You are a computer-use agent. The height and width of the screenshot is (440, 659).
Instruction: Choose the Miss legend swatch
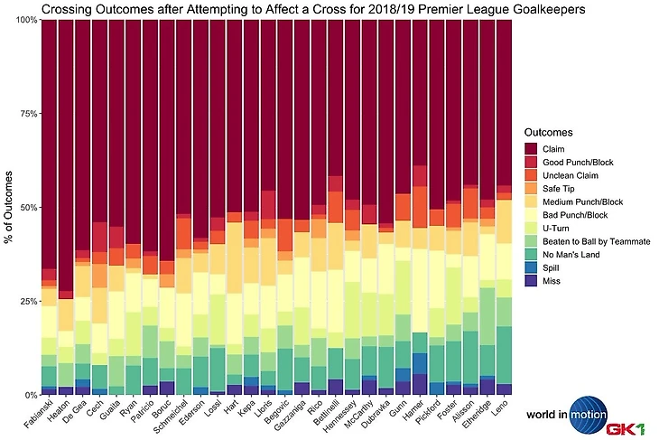[x=532, y=282]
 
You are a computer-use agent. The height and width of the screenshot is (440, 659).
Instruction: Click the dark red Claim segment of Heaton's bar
[x=65, y=154]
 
